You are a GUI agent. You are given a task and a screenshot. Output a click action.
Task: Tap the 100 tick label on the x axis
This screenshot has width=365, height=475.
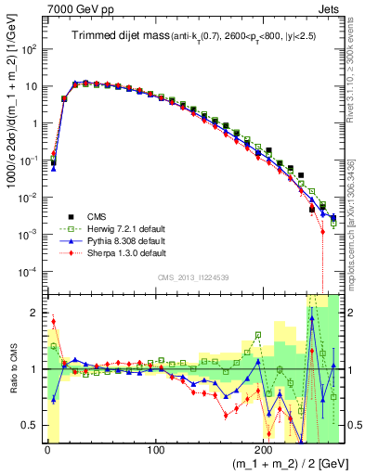[155, 448]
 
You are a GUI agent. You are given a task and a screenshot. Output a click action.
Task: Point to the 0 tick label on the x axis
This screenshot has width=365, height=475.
[47, 448]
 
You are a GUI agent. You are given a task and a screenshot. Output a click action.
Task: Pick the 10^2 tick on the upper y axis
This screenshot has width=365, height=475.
[31, 48]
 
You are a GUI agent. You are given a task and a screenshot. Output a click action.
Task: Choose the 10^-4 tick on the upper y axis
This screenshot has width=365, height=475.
[31, 271]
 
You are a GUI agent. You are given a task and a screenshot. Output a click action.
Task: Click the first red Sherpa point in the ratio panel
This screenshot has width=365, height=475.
[53, 322]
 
